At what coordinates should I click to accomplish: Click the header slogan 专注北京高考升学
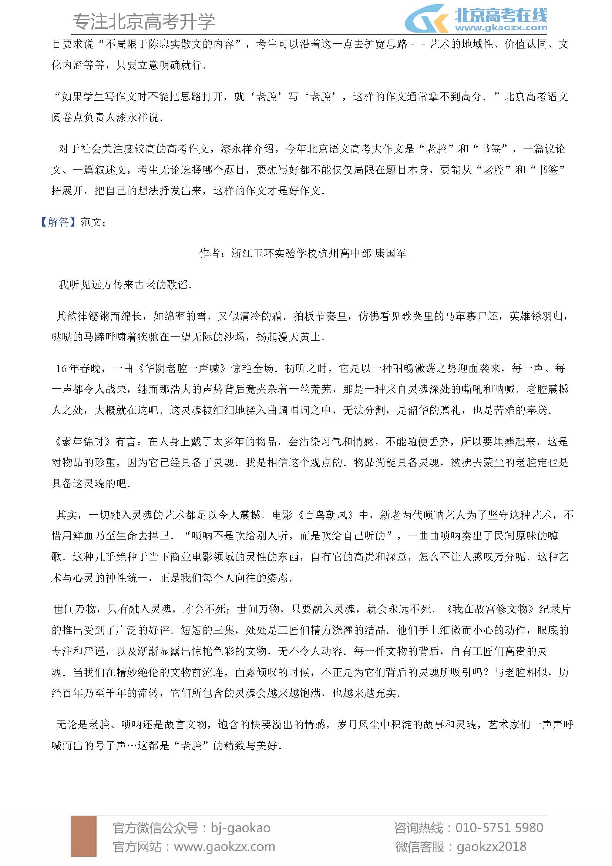144,21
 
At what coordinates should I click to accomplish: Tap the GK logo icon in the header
426,19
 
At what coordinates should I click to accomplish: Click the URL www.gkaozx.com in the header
501,27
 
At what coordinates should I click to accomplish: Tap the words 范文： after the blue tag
94,222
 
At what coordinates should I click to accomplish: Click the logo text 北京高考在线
501,15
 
